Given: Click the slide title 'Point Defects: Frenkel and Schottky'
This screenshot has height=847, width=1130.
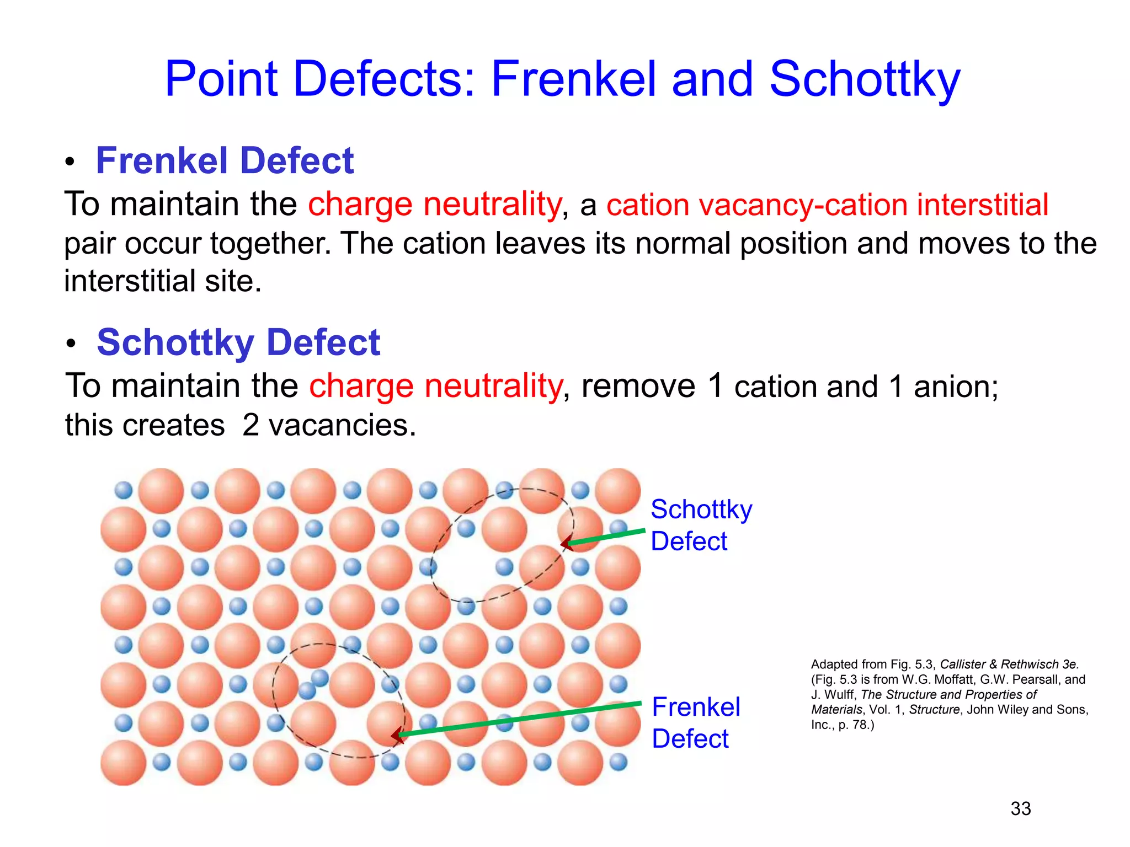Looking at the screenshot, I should point(562,80).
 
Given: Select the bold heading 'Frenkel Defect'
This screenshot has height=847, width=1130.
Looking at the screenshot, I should point(225,161).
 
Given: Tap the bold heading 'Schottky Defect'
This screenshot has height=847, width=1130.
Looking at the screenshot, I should point(238,342).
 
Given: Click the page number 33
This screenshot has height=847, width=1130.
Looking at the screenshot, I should point(1020,808).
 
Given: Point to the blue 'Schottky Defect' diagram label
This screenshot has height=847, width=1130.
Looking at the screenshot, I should point(701,525).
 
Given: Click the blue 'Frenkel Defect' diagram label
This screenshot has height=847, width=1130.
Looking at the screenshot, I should point(695,722).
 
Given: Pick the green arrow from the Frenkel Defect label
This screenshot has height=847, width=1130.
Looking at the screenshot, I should point(519,719).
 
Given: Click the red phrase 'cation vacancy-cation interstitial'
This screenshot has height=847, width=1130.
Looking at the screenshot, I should point(827,205).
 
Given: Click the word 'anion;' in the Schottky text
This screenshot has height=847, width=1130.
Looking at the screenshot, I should point(956,387).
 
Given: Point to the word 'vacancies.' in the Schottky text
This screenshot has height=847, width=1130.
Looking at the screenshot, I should point(342,425).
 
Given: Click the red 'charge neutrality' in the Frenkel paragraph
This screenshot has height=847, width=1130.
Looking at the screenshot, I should point(434,204).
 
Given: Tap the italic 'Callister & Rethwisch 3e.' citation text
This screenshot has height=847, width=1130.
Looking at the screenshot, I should point(1009,664).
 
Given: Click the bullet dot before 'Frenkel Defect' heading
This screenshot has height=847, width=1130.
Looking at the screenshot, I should point(70,163).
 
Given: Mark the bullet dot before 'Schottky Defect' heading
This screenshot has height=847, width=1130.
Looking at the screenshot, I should point(70,344).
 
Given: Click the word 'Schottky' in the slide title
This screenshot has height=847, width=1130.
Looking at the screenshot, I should point(864,80).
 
